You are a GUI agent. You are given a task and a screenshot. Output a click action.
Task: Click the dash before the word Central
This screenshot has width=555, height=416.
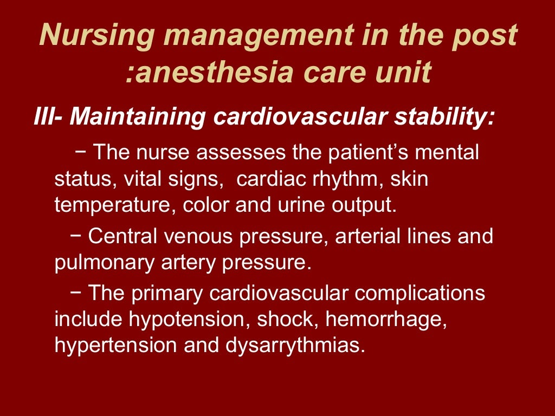point(76,236)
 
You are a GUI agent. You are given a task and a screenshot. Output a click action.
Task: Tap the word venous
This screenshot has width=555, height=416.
point(196,237)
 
